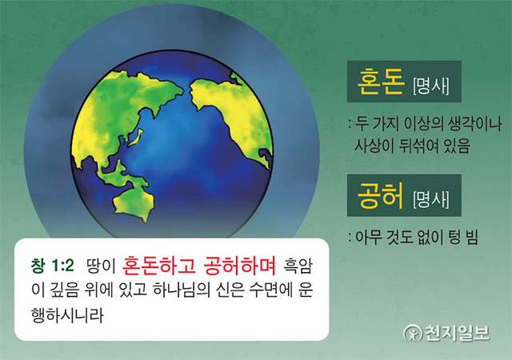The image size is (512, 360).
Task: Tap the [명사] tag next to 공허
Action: point(430,199)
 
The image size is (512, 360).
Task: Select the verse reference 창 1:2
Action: point(53,264)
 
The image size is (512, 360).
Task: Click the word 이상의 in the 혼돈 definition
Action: point(424,126)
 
